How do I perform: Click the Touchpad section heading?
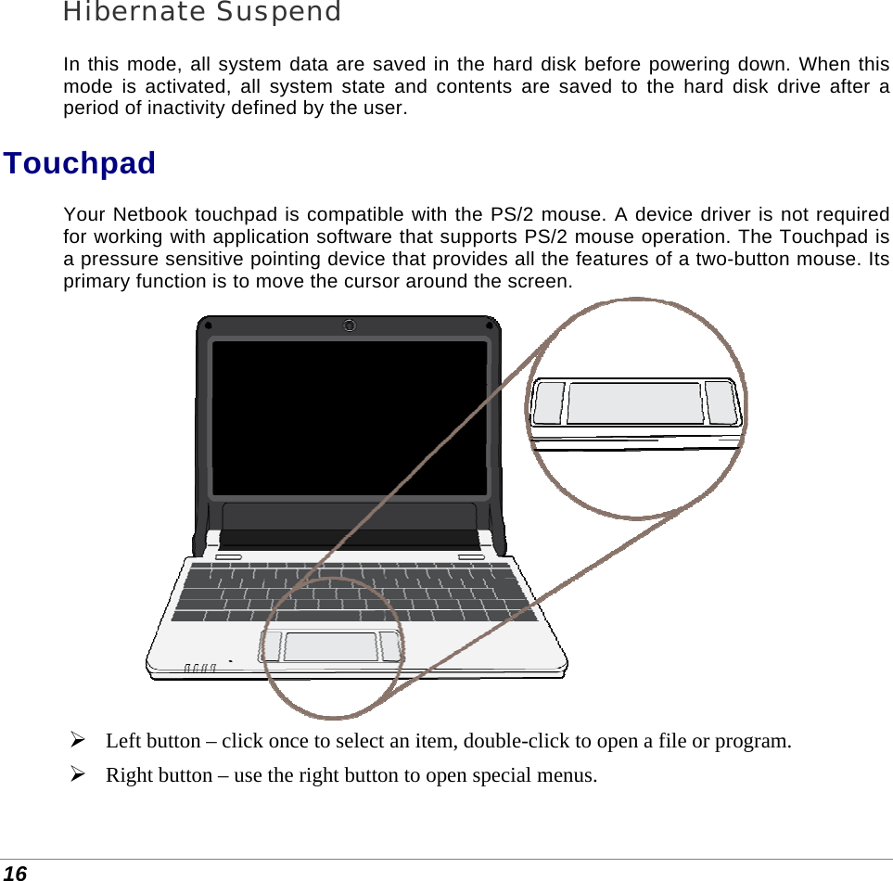pos(80,163)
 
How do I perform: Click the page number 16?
pos(14,873)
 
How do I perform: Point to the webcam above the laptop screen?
pos(349,326)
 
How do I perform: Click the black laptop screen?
pos(350,417)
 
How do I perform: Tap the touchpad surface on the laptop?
pos(330,646)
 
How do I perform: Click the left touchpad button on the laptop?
pos(272,646)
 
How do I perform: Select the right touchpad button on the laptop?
pos(390,646)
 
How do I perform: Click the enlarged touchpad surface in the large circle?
pos(635,403)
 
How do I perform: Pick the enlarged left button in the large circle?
pos(550,402)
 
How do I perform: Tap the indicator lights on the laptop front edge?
pos(200,667)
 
